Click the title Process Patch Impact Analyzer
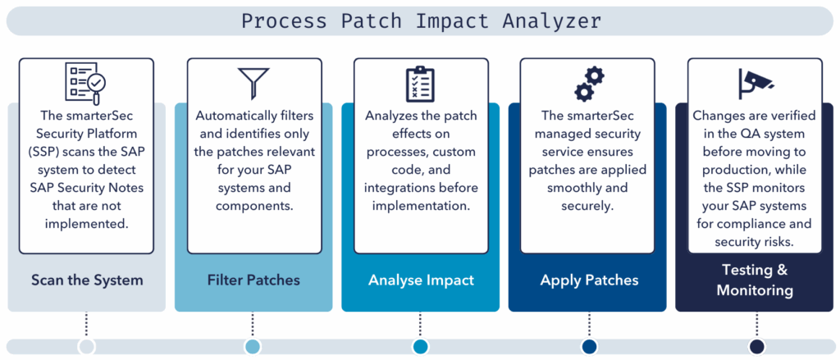click(421, 21)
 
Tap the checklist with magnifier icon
click(85, 82)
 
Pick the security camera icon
click(756, 84)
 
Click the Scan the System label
click(87, 280)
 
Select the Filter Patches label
click(253, 280)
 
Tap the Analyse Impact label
click(421, 280)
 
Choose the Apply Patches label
click(589, 280)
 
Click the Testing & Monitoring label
click(755, 280)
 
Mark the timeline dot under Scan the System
click(86, 346)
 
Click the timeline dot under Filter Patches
click(253, 346)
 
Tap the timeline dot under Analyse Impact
click(421, 346)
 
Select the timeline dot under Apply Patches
click(589, 346)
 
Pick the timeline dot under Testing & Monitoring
click(756, 346)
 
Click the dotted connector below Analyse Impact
click(421, 325)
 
